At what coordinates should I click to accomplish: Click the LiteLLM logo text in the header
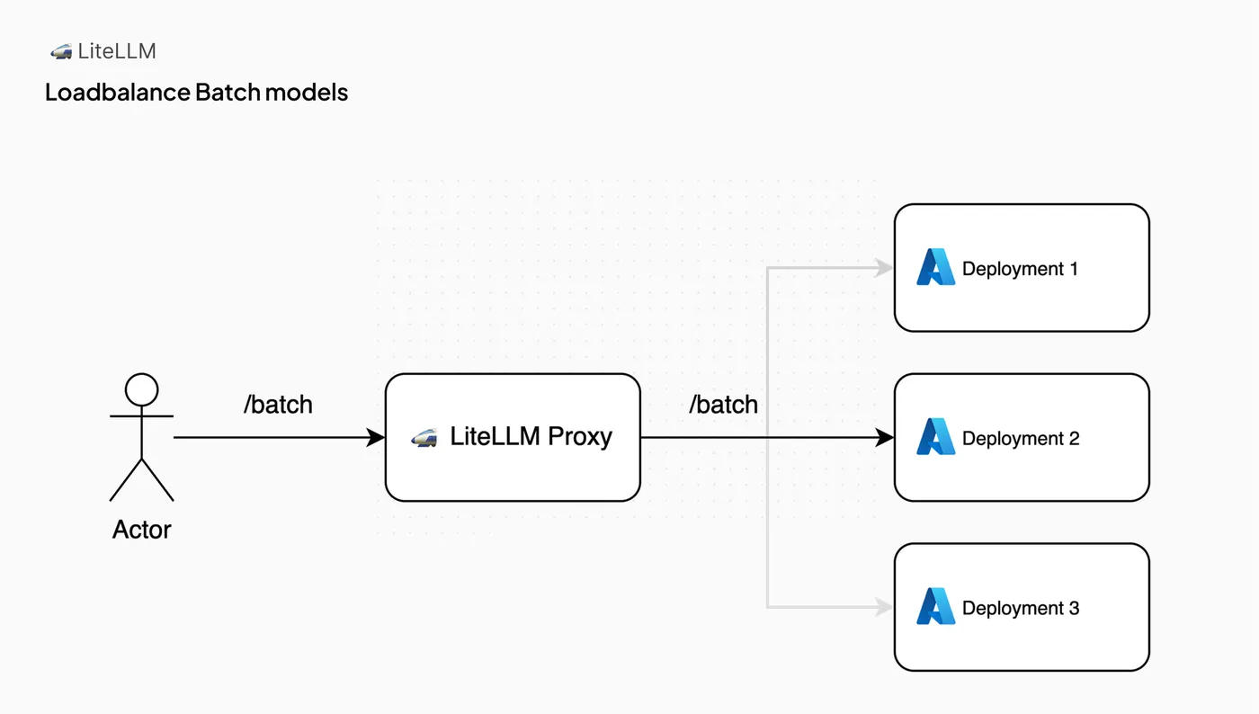[117, 51]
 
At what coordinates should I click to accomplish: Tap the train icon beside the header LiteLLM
[61, 52]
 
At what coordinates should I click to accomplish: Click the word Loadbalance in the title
[118, 93]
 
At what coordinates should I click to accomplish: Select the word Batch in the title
[228, 93]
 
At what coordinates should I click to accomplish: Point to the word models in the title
[307, 93]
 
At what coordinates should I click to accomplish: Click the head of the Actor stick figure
[142, 389]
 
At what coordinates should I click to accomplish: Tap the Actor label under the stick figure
[142, 530]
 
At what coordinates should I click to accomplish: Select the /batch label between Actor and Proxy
[278, 405]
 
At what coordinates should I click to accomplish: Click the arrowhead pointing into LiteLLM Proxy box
[376, 437]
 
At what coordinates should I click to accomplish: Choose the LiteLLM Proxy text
[531, 437]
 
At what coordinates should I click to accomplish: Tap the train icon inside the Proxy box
[424, 437]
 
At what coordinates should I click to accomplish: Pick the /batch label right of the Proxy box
[723, 405]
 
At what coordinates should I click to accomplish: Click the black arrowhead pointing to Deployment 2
[885, 437]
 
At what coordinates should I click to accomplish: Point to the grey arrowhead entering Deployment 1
[884, 268]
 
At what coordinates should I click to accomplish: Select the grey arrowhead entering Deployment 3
[884, 607]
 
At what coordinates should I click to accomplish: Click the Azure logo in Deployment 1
[936, 267]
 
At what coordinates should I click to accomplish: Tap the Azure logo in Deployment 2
[936, 436]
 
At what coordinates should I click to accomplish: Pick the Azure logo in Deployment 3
[936, 606]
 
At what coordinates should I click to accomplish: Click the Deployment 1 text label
[1020, 269]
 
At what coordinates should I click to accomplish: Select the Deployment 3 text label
[1021, 608]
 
